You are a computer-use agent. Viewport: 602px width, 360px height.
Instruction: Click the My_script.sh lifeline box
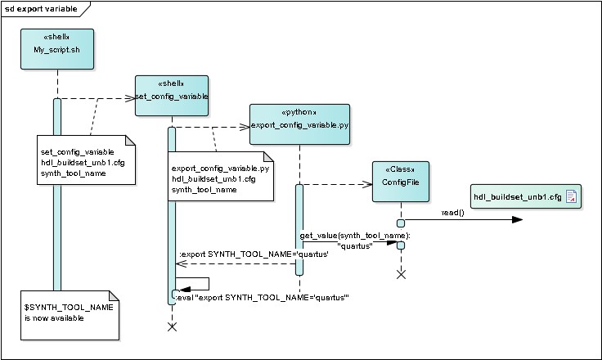pos(57,48)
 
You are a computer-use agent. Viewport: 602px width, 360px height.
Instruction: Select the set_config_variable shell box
pos(172,96)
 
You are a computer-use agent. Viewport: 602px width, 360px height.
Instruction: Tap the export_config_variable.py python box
pos(299,124)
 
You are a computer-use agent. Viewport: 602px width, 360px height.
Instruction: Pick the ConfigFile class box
pos(401,181)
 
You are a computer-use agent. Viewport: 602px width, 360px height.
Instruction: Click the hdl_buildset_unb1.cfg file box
pos(526,197)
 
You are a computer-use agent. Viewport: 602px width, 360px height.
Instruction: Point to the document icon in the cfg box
pos(571,197)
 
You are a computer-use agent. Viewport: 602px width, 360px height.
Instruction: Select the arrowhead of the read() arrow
pos(517,219)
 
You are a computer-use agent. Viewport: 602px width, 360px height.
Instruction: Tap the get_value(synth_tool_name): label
pos(355,235)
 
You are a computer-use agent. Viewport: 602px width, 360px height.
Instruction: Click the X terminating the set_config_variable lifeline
pos(172,326)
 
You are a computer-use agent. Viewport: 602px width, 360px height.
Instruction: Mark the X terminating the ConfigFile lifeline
pos(401,272)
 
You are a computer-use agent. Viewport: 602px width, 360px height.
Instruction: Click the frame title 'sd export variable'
pos(42,8)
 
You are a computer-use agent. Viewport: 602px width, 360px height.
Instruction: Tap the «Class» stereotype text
pos(401,169)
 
